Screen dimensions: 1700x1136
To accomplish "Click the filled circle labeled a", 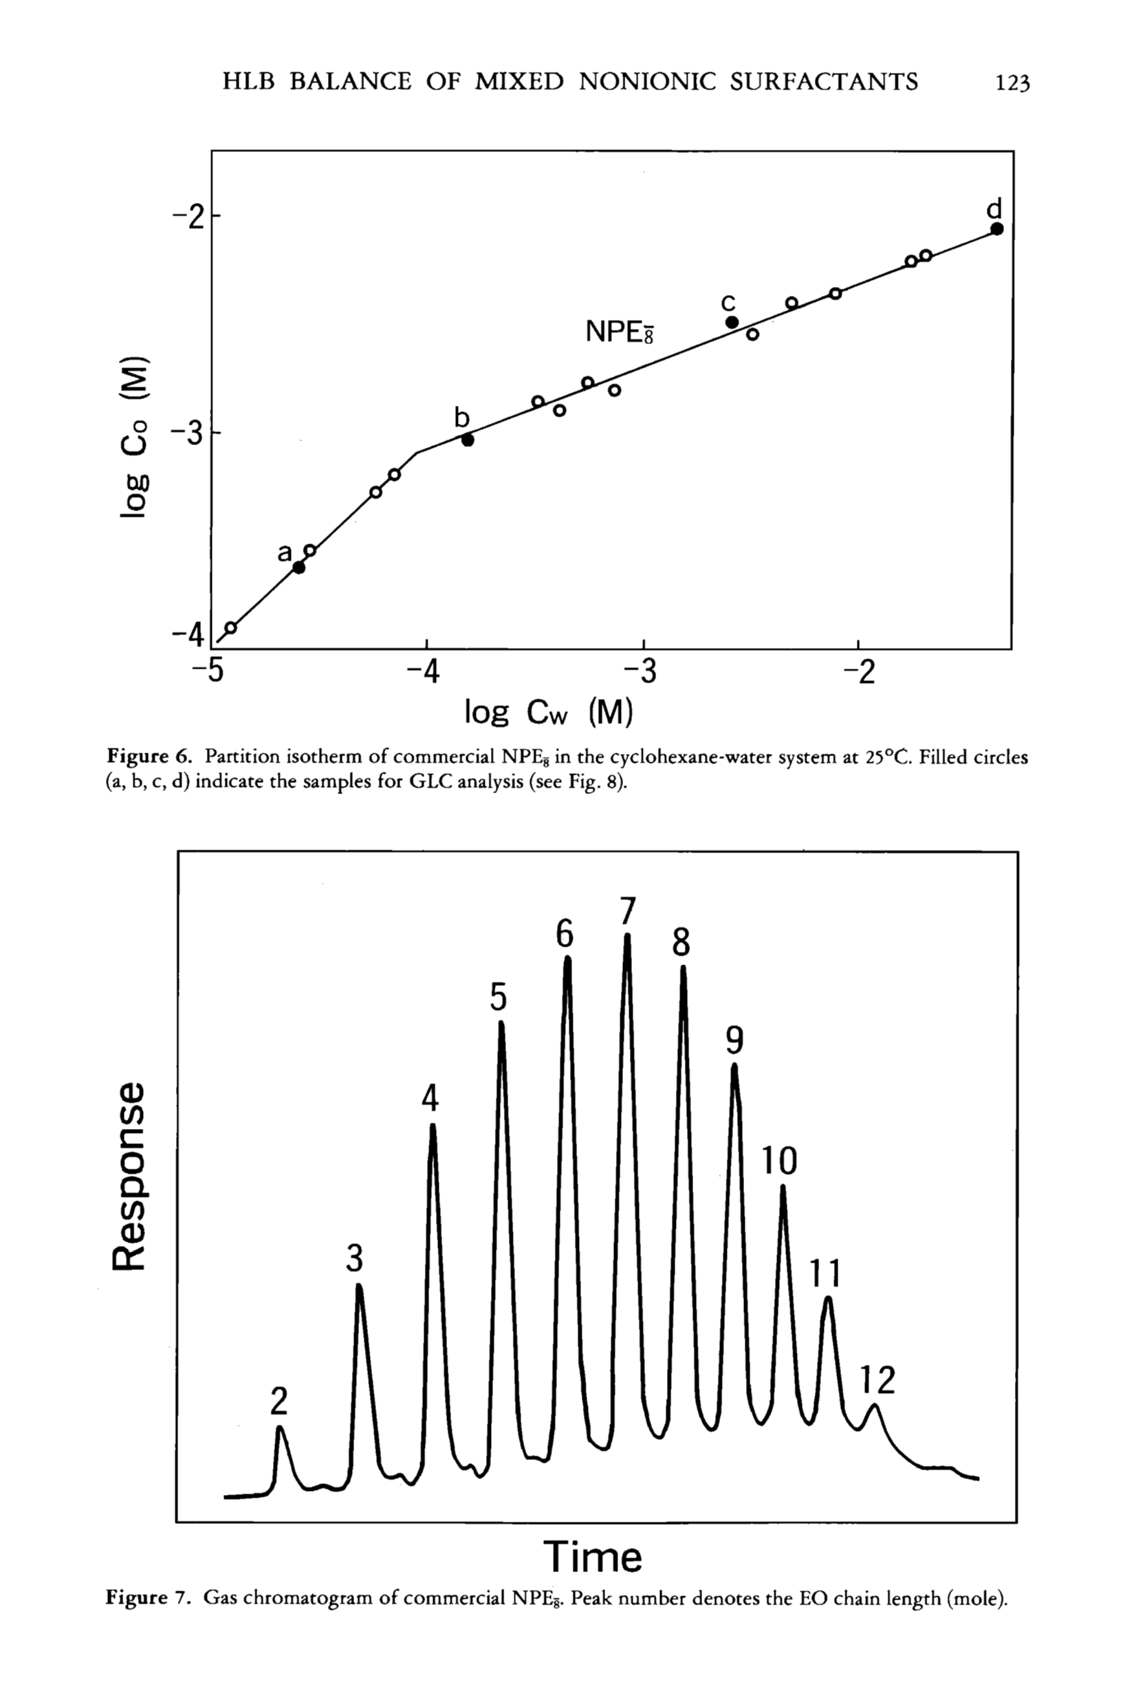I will [298, 568].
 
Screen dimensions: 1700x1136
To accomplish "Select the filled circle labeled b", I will [468, 440].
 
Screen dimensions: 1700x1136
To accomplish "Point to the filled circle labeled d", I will [997, 229].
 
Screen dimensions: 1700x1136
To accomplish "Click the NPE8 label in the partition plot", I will [619, 332].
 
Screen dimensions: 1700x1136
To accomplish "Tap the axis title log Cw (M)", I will [549, 713].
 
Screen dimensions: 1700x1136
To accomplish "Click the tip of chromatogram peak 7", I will [627, 937].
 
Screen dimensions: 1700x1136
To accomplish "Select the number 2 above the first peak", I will [279, 1401].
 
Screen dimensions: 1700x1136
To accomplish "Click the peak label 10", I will [779, 1161].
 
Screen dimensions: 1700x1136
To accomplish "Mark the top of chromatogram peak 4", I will [433, 1127].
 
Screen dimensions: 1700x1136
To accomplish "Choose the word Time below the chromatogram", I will [593, 1556].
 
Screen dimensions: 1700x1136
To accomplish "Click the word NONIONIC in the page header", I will [648, 82].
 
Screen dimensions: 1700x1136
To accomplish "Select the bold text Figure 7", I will [149, 1597].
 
